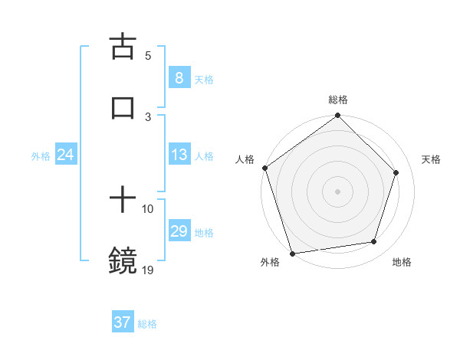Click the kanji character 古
[123, 47]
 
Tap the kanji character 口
[123, 108]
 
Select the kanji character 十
[123, 201]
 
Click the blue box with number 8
[179, 78]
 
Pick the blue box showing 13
[179, 155]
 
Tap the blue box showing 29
[179, 231]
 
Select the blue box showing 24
[65, 155]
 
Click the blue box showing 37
[122, 322]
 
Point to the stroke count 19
[148, 270]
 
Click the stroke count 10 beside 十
[148, 208]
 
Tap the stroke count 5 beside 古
[148, 55]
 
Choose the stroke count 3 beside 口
[148, 116]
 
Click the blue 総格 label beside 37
[147, 324]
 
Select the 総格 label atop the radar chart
[338, 100]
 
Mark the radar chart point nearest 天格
[396, 172]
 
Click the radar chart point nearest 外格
[292, 252]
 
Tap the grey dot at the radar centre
[337, 191]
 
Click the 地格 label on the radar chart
[402, 262]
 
